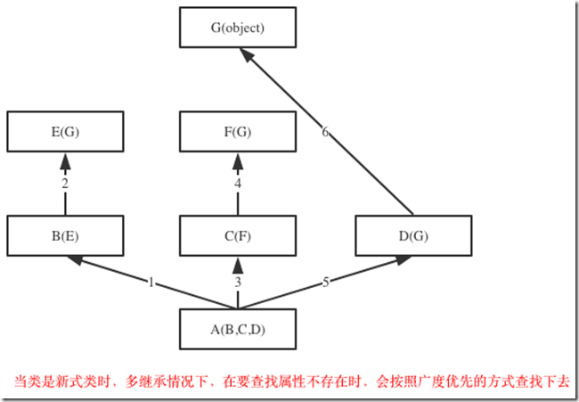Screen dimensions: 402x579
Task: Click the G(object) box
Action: (x=238, y=28)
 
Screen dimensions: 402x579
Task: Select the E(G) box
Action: (x=65, y=133)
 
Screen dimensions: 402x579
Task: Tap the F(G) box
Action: (x=238, y=133)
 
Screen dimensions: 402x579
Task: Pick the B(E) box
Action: (x=65, y=235)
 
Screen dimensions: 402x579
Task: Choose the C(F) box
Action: (x=238, y=235)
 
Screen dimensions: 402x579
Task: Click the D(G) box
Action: (x=412, y=235)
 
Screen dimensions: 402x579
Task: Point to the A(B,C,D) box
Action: (x=238, y=329)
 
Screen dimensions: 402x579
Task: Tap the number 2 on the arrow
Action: (x=65, y=184)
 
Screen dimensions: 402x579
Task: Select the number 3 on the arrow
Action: (x=238, y=282)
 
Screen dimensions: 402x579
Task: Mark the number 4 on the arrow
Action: (x=238, y=184)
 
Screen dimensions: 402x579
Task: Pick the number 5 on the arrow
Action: (x=325, y=282)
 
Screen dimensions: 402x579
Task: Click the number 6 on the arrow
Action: (x=325, y=132)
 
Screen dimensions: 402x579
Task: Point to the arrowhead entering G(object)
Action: (x=244, y=54)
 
